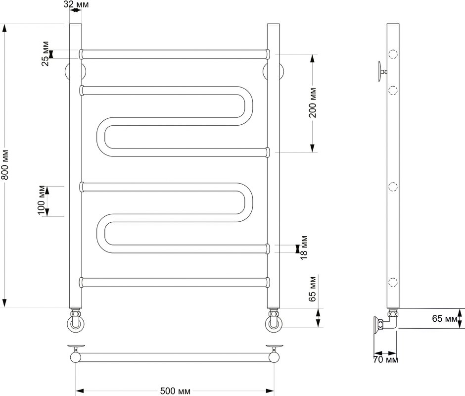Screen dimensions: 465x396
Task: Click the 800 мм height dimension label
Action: coord(5,165)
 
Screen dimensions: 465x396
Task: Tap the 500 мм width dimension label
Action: coord(175,391)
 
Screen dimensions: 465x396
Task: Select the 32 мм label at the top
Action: coord(76,4)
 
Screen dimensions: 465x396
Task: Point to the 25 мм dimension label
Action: coord(46,53)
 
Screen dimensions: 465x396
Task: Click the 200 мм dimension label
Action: coord(313,102)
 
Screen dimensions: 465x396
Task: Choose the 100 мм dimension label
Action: coord(41,200)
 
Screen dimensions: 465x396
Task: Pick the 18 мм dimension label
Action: coord(304,247)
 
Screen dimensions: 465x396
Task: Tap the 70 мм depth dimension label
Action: coord(385,360)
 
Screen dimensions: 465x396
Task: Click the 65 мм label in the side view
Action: coord(445,318)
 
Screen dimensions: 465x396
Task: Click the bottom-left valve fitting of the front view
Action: coord(75,321)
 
